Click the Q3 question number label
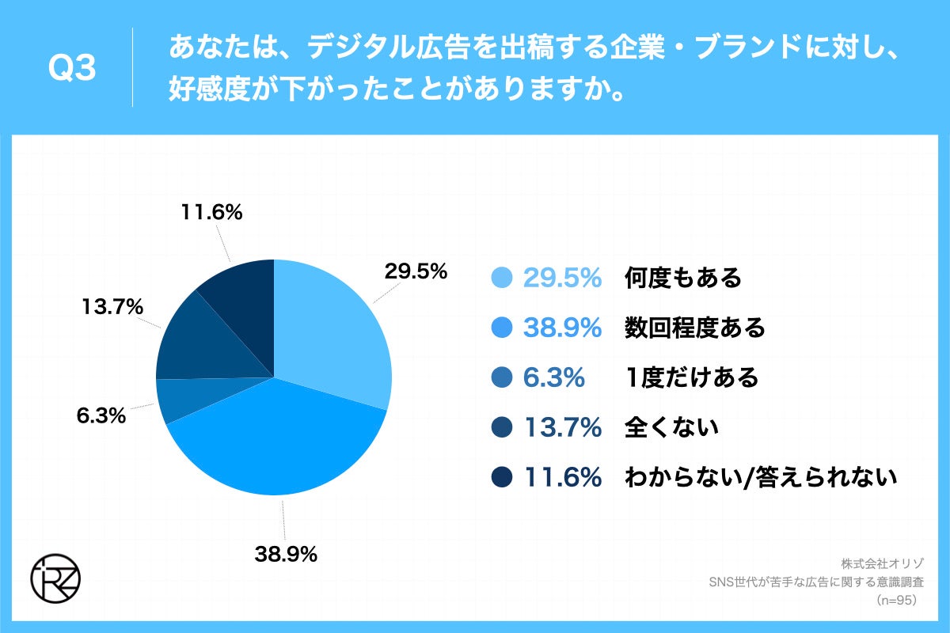(x=72, y=70)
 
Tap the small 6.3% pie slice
(x=178, y=400)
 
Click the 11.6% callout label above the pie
(x=211, y=213)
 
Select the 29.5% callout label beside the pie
(x=416, y=271)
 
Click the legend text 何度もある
(x=682, y=278)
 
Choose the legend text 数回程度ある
(x=694, y=328)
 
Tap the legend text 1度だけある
(x=691, y=377)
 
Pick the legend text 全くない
(x=671, y=427)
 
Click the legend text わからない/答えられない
(x=760, y=477)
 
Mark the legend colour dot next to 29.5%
(x=502, y=279)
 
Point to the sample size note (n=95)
(x=895, y=601)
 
